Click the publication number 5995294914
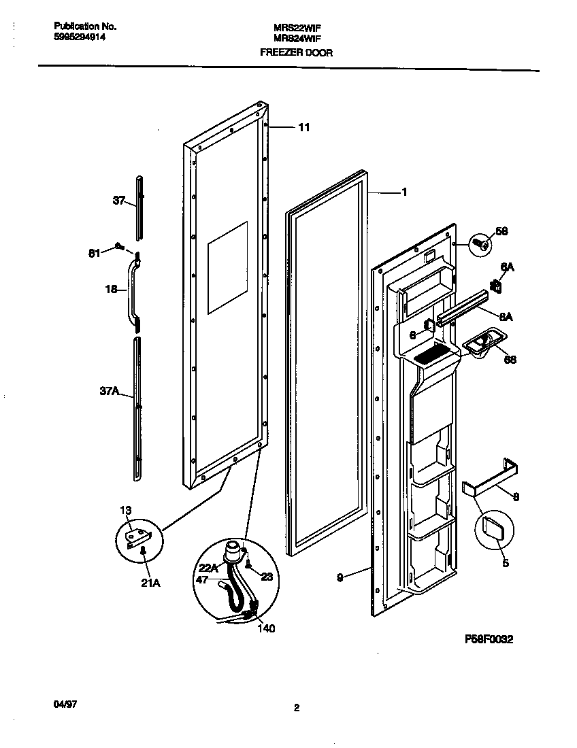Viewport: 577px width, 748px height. point(79,38)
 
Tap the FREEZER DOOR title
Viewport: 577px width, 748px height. point(297,52)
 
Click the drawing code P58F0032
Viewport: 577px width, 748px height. point(489,639)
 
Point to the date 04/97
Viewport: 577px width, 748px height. point(63,707)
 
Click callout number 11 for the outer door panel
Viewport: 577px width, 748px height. point(304,127)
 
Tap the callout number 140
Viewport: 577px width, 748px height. point(266,628)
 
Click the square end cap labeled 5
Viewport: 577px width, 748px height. point(493,527)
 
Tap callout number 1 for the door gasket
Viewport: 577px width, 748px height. point(404,192)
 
